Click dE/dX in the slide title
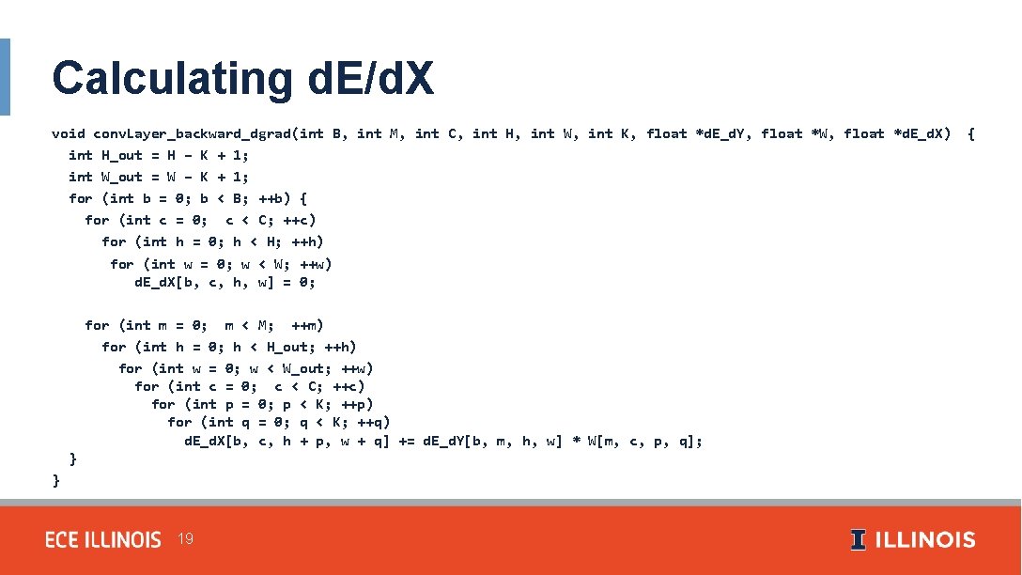pos(370,79)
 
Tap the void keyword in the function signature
pos(68,133)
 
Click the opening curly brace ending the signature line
pos(970,133)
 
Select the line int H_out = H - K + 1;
pos(158,155)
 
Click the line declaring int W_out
pos(158,177)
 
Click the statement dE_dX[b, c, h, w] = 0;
pos(225,282)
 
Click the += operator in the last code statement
pos(406,441)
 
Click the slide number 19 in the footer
pos(185,539)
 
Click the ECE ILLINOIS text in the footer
pos(103,540)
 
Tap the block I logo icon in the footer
pos(859,540)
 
